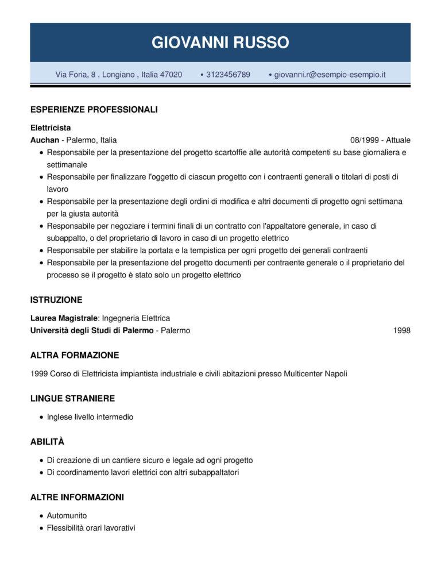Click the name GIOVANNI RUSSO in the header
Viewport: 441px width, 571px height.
[x=220, y=42]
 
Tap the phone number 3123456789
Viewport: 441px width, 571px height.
[x=227, y=75]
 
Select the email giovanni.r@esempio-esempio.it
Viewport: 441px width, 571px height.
[x=330, y=75]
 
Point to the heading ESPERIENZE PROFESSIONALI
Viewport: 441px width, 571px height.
[x=94, y=109]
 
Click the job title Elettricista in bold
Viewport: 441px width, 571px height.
[x=50, y=128]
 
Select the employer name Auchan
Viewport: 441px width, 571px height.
[x=44, y=140]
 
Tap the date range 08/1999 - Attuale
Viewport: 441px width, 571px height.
[x=380, y=140]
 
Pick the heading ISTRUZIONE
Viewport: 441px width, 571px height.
[x=56, y=300]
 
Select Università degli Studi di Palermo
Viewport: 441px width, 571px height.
[x=91, y=330]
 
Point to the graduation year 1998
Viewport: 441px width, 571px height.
[x=401, y=330]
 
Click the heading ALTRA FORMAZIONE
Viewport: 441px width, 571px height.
[x=74, y=356]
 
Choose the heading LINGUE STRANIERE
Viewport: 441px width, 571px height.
[x=72, y=399]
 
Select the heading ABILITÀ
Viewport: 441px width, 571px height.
[x=47, y=442]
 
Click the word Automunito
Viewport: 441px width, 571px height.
[x=67, y=515]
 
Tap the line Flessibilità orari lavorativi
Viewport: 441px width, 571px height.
[x=91, y=527]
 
